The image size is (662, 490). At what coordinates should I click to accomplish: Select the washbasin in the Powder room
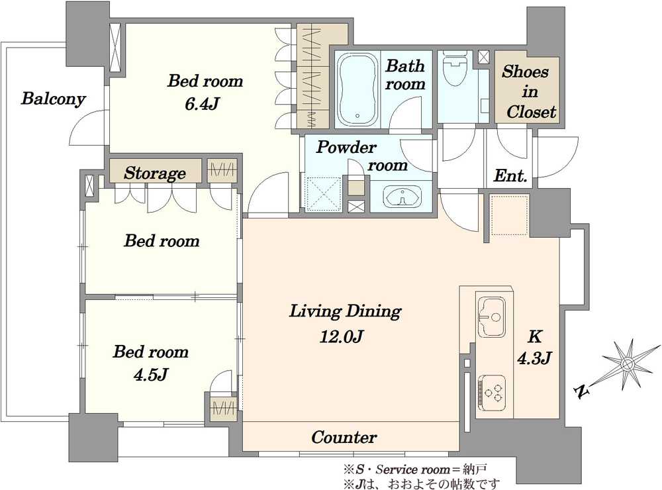[x=402, y=197]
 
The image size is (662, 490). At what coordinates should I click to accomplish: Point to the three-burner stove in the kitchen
[x=492, y=393]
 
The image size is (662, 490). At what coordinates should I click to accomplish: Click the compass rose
[x=628, y=364]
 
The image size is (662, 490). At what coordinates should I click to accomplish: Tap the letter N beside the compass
[x=583, y=392]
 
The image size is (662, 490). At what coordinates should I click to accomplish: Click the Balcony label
[x=54, y=99]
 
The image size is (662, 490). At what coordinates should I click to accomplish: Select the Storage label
[x=155, y=173]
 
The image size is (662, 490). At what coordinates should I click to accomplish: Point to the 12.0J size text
[x=342, y=336]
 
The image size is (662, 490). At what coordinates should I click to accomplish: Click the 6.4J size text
[x=202, y=103]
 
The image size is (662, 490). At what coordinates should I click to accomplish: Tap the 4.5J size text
[x=151, y=374]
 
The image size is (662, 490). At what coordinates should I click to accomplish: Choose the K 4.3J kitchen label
[x=534, y=348]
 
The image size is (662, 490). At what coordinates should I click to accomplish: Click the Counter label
[x=344, y=437]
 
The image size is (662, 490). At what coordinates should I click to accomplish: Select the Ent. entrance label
[x=510, y=175]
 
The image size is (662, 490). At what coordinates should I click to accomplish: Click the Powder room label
[x=362, y=156]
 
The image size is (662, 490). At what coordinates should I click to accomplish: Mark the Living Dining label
[x=346, y=311]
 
